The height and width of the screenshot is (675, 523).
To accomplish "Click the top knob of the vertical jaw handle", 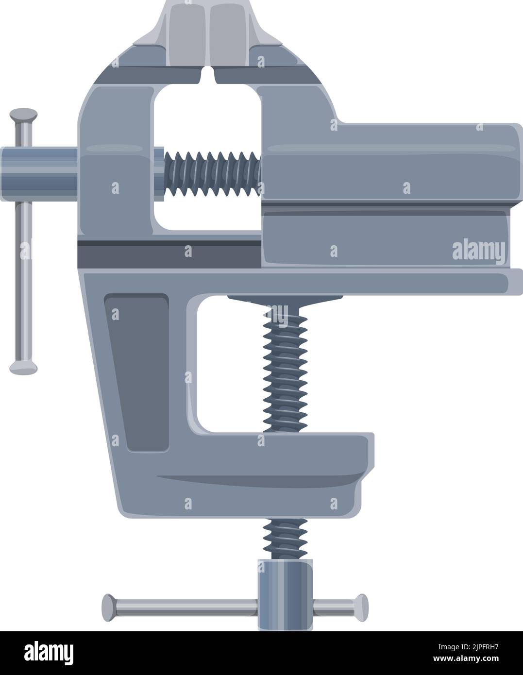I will point(23,115).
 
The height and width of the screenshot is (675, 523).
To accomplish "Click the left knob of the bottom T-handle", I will point(109,606).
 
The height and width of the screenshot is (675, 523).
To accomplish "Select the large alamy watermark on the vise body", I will point(478,251).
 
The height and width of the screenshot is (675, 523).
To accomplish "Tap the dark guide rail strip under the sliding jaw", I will point(170,253).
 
